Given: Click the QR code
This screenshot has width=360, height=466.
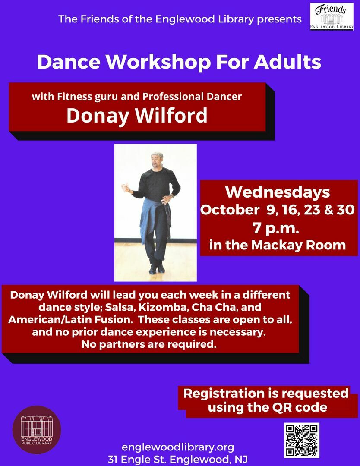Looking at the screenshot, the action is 301,440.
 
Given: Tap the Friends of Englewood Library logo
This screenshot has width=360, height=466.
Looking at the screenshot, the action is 332,17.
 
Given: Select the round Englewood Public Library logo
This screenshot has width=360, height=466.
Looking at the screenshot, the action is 37,430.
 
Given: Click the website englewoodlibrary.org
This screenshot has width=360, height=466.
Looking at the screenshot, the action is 178,447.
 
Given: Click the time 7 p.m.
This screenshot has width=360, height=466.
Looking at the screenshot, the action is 276,228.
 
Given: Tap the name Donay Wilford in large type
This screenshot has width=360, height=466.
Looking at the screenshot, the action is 137,115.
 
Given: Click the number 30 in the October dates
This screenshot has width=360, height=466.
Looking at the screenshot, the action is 346,210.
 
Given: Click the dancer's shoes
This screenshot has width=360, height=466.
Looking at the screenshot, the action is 157,269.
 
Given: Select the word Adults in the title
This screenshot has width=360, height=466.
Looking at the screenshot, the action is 287,62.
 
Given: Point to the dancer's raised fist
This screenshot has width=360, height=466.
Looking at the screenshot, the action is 126,188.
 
